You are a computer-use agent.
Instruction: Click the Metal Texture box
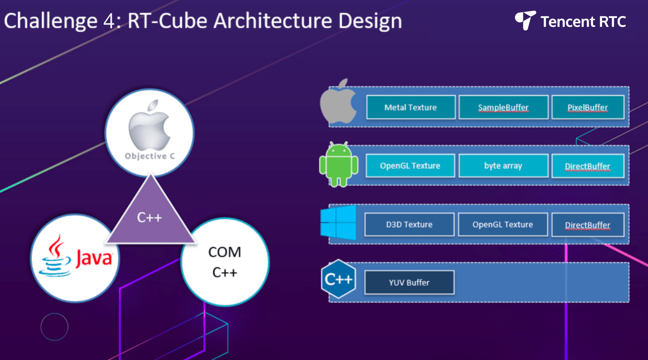(x=411, y=107)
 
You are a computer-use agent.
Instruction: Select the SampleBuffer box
(x=503, y=107)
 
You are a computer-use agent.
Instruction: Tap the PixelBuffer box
(x=588, y=107)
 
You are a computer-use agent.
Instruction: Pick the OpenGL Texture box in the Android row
(x=410, y=166)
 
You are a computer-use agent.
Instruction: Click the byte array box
(x=503, y=166)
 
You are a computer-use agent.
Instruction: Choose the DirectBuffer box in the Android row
(x=588, y=166)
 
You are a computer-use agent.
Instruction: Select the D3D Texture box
(x=409, y=225)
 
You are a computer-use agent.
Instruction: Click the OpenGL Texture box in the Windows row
(x=503, y=225)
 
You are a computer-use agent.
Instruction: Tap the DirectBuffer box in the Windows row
(x=588, y=225)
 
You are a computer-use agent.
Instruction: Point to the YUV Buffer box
(x=409, y=282)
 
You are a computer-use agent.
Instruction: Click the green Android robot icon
(x=339, y=164)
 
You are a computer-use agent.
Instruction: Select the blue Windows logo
(x=338, y=222)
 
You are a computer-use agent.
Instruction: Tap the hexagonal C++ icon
(x=339, y=279)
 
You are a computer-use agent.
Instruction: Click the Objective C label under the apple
(x=150, y=156)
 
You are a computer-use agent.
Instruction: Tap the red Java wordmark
(x=94, y=258)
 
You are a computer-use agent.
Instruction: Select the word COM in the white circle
(x=225, y=252)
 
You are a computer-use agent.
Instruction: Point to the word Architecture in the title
(x=273, y=21)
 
